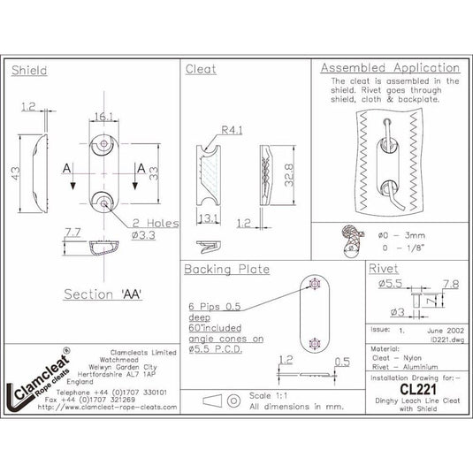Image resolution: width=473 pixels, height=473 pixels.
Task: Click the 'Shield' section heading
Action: tap(30, 70)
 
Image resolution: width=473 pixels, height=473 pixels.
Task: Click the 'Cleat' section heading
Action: tap(198, 70)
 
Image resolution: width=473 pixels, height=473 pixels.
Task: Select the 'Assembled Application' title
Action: tap(389, 68)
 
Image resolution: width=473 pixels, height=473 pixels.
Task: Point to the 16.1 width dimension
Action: tap(105, 116)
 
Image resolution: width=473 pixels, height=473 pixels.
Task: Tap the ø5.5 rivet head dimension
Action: tap(391, 285)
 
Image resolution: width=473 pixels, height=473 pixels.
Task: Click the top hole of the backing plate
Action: tap(316, 284)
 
